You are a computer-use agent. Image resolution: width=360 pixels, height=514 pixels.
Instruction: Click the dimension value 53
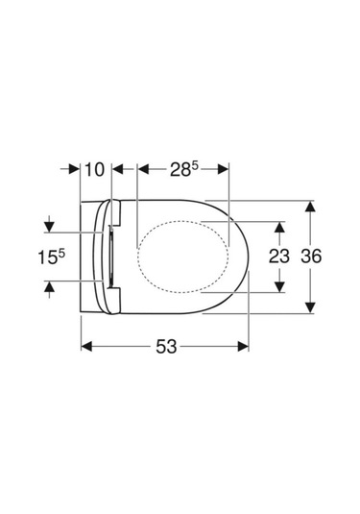pos(166,347)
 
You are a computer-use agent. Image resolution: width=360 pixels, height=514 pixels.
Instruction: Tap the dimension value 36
pos(311,256)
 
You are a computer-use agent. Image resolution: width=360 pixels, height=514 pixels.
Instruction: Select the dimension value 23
pos(279,256)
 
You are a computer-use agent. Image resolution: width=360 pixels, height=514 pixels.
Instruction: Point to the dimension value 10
pos(95,169)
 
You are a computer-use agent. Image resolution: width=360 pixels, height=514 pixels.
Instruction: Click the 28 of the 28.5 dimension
pos(180,169)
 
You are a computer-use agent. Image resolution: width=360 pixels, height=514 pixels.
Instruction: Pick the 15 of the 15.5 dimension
pos(48,257)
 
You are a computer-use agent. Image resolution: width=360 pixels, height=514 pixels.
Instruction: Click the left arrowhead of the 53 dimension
pos(86,346)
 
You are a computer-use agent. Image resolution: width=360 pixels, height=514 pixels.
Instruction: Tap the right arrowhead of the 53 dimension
pos(244,346)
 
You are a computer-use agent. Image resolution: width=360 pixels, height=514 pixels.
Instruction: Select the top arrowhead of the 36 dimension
pos(310,207)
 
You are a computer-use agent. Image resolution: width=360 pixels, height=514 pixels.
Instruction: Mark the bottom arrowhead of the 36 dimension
pos(310,307)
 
